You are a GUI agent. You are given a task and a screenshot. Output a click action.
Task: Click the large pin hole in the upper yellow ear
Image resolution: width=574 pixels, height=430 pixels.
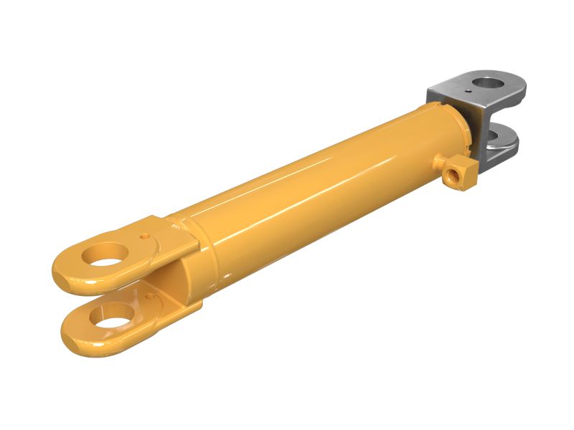point(106,254)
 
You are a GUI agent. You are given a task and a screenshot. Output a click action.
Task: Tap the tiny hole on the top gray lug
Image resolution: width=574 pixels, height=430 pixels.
point(468,92)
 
